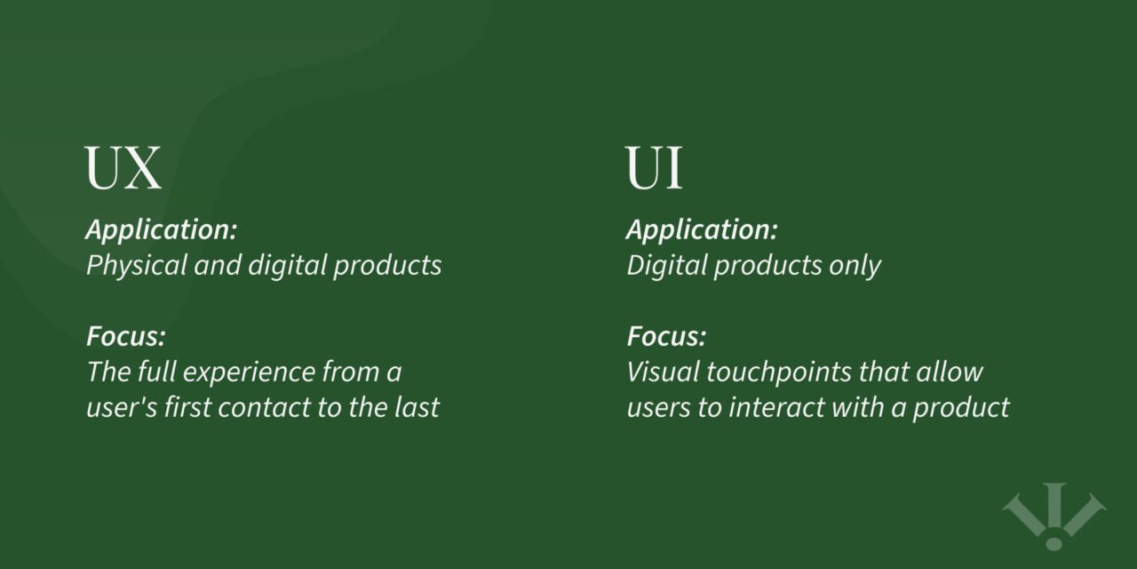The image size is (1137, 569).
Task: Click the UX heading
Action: [x=123, y=169]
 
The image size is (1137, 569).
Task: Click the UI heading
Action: [x=655, y=169]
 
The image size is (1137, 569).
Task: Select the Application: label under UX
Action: [x=162, y=230]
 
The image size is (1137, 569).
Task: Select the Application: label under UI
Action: [x=702, y=230]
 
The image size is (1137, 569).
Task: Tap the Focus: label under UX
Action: [x=126, y=337]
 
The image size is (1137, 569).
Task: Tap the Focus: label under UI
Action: [x=666, y=337]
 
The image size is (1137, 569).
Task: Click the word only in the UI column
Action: [x=854, y=266]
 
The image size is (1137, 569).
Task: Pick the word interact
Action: [x=769, y=407]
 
